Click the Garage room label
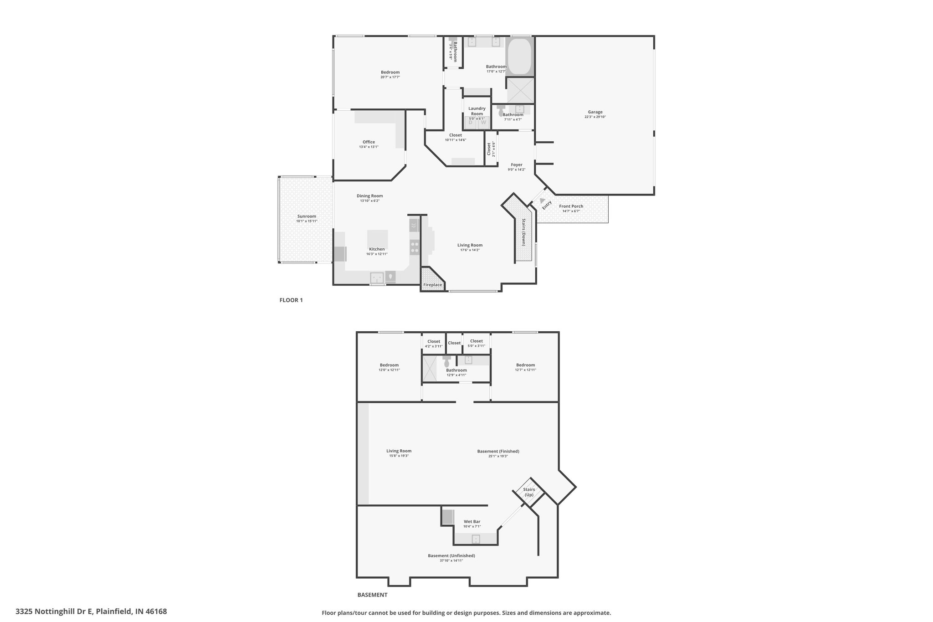[595, 112]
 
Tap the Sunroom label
[307, 216]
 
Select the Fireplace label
[432, 285]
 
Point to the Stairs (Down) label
[524, 232]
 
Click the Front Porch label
[571, 206]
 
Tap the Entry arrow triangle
[542, 200]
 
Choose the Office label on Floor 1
[369, 142]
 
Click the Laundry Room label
[477, 111]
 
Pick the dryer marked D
[471, 122]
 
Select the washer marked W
[483, 122]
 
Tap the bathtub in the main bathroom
[519, 57]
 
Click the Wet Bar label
[472, 521]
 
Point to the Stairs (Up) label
[529, 492]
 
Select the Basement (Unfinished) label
[451, 555]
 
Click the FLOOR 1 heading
[291, 300]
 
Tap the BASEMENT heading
[372, 595]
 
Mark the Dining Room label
[370, 195]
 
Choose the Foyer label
[517, 164]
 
